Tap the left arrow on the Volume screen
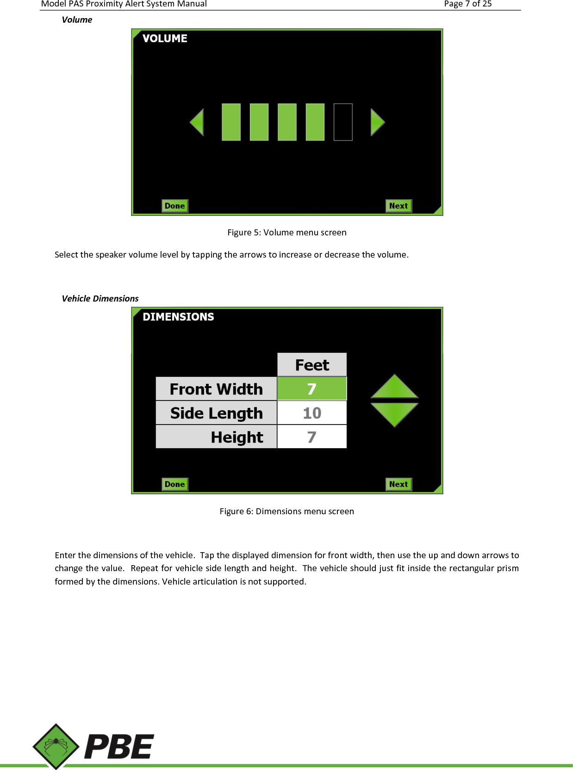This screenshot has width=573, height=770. point(198,122)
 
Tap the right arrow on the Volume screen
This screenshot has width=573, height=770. point(377,122)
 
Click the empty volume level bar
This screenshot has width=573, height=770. point(343,122)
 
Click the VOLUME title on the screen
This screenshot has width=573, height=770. point(165,38)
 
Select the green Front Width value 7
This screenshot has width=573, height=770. point(312,389)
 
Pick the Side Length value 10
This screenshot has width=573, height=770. point(312,413)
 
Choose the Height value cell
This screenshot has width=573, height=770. point(312,437)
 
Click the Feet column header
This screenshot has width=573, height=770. point(312,365)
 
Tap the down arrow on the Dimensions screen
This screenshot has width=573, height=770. point(394,413)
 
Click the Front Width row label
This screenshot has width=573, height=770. point(216,389)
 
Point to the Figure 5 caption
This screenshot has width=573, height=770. point(286,232)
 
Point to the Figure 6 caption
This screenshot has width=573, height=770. point(286,511)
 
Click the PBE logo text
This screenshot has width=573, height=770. point(119,747)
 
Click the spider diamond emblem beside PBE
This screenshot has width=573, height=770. point(56,746)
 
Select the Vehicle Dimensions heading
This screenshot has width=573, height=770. point(100,298)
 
